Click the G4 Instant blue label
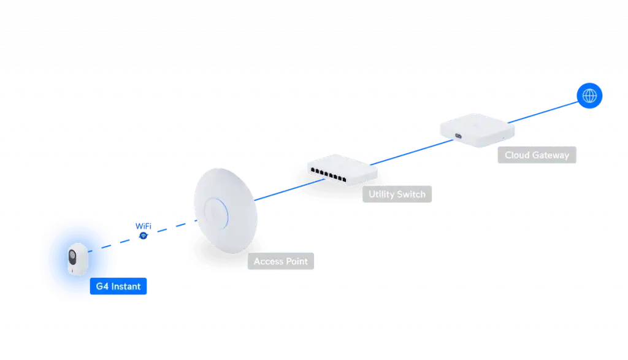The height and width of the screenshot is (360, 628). tap(118, 286)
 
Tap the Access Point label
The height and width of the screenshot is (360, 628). tap(281, 261)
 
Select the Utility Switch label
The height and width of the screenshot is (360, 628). tap(397, 194)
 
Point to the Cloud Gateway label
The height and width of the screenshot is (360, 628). tap(537, 155)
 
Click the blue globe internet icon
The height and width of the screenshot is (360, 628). tap(589, 96)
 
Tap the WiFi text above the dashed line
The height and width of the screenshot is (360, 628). tap(144, 226)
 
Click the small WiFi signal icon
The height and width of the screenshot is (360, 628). tap(143, 236)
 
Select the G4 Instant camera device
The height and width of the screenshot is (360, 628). tap(78, 259)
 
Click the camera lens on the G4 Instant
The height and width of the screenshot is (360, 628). tap(72, 256)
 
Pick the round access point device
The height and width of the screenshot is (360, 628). tap(226, 210)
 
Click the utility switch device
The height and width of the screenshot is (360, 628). tap(342, 170)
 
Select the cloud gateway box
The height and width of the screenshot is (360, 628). tap(477, 130)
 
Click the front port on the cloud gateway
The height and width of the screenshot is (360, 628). tap(458, 136)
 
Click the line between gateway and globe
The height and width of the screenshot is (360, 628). tap(543, 112)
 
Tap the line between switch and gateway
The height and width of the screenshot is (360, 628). tap(412, 152)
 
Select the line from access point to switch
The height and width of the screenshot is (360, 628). tap(289, 190)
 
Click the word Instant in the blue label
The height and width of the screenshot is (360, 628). tap(126, 286)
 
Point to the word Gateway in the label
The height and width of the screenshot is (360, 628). tap(551, 155)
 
